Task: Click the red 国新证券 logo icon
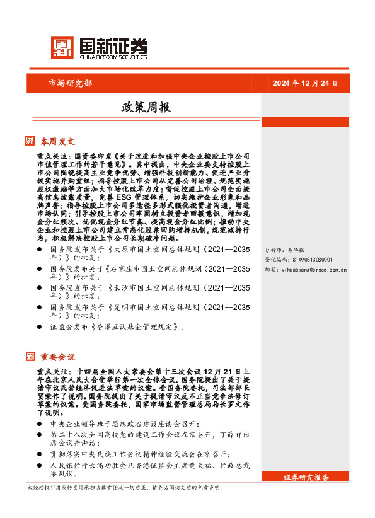tap(61, 47)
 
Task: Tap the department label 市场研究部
tap(70, 83)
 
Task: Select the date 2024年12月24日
tap(305, 84)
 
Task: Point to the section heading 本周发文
tap(57, 141)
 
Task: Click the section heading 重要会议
tap(57, 356)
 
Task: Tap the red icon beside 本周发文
tap(30, 141)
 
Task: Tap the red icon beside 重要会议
tap(30, 356)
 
